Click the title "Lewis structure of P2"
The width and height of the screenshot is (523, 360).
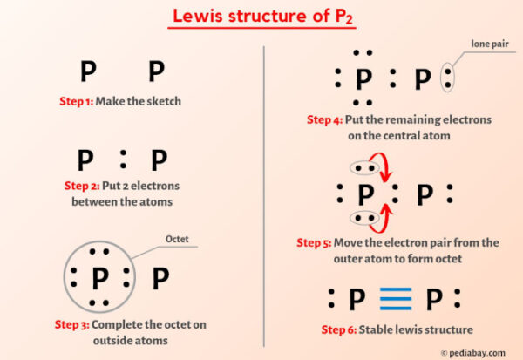click(262, 16)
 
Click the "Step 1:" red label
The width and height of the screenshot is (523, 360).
click(77, 101)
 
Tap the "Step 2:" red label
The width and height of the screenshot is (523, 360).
click(82, 186)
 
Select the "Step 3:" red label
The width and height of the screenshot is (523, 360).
click(71, 324)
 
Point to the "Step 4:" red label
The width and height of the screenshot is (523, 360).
click(324, 119)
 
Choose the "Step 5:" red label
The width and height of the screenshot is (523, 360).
click(314, 242)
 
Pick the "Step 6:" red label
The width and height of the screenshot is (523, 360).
click(338, 329)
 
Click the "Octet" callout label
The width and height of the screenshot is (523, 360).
click(177, 239)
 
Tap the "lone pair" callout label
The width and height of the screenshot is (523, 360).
click(490, 44)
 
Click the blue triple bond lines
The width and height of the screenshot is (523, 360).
click(396, 299)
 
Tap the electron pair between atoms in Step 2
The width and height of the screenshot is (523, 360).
click(123, 160)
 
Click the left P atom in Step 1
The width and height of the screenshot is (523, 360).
click(88, 71)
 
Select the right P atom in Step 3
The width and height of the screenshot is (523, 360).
click(160, 278)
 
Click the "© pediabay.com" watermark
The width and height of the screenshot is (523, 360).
click(473, 353)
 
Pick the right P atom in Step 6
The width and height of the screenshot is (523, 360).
click(434, 299)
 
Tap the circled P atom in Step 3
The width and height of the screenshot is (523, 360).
click(100, 278)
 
